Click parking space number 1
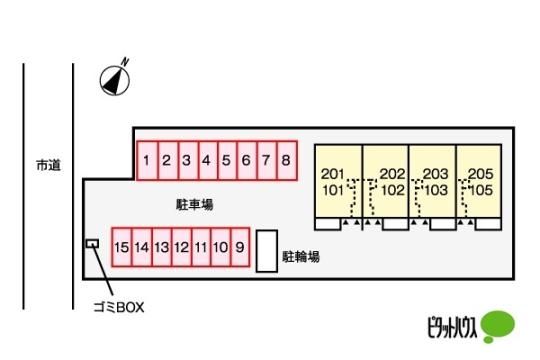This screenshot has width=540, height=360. (147, 161)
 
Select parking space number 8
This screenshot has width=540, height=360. (287, 161)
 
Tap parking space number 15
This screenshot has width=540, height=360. (122, 247)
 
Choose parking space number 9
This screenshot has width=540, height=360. (240, 247)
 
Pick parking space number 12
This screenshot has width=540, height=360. (181, 247)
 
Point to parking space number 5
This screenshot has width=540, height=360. (227, 161)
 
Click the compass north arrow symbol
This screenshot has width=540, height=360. (115, 79)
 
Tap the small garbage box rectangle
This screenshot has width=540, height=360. (92, 244)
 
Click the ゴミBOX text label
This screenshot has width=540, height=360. (119, 307)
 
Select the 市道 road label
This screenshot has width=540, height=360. (49, 165)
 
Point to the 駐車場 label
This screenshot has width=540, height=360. (195, 205)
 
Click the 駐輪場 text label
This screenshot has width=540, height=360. (301, 257)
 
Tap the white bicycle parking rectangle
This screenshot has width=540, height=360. (267, 251)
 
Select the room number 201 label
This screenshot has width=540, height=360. (332, 174)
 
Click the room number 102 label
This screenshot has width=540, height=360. (393, 190)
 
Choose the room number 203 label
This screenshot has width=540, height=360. (435, 174)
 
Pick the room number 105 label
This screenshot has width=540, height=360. (481, 190)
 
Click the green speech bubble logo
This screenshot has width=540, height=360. (497, 326)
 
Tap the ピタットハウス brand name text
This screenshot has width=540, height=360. (452, 327)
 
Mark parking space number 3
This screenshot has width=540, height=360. (188, 161)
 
